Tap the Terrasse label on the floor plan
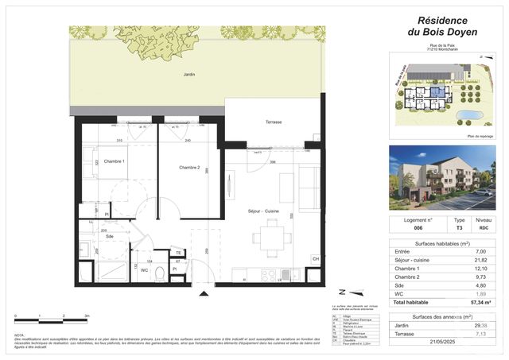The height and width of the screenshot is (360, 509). (x=274, y=122)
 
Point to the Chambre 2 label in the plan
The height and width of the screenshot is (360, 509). (x=189, y=167)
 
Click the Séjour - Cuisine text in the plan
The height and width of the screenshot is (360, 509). (x=267, y=210)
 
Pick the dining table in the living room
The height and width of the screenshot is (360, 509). (x=272, y=234)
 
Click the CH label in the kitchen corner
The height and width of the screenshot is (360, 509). (x=315, y=259)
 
